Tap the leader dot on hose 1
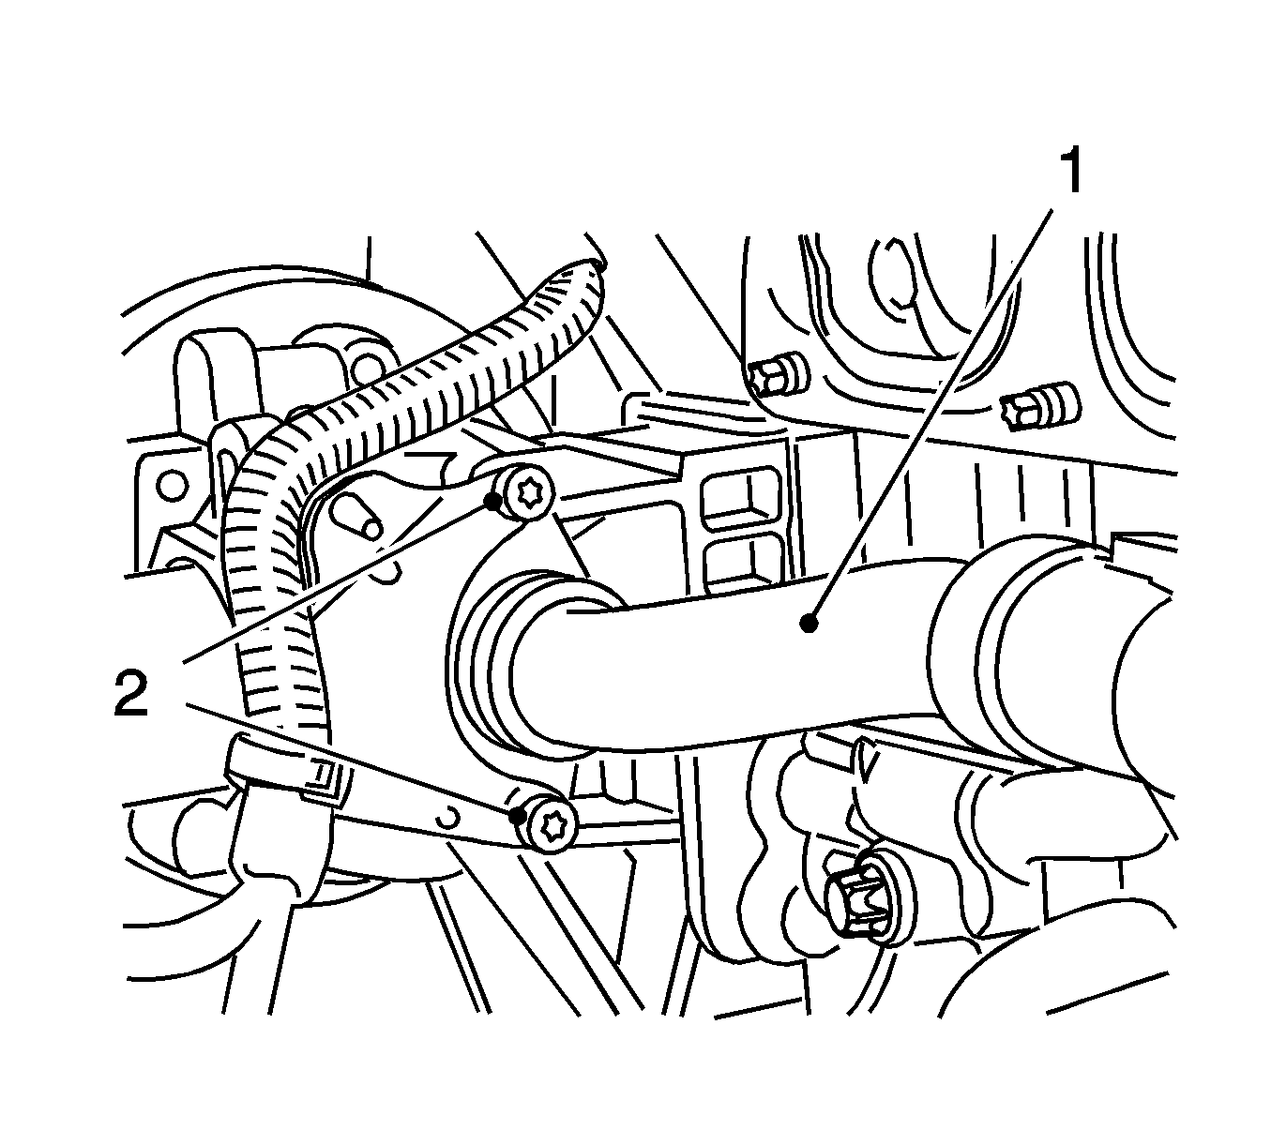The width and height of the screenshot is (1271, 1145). click(x=809, y=625)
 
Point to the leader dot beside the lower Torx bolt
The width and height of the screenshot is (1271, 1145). click(x=518, y=816)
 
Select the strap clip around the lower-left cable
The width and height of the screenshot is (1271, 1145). click(x=282, y=770)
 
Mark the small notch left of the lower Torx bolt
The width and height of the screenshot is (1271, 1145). click(x=449, y=818)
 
